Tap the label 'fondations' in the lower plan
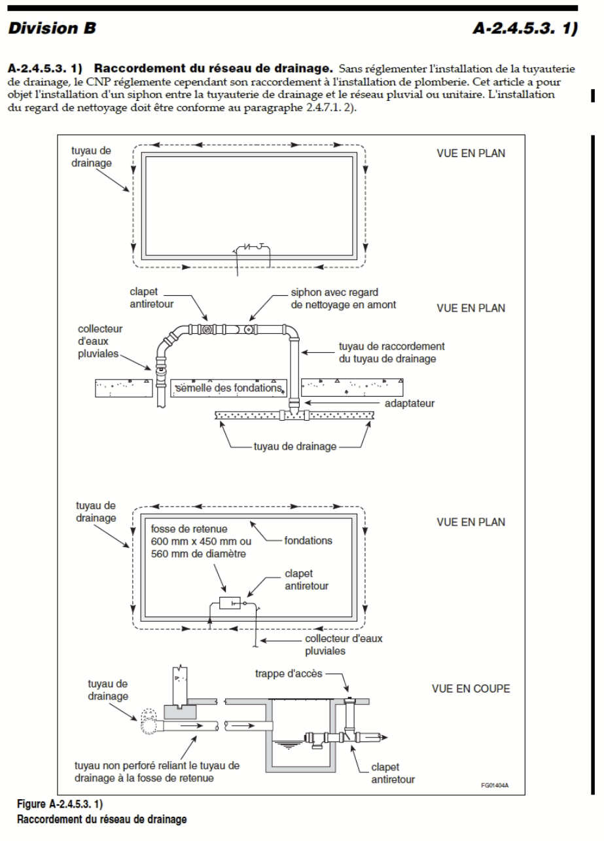pyautogui.click(x=310, y=541)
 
